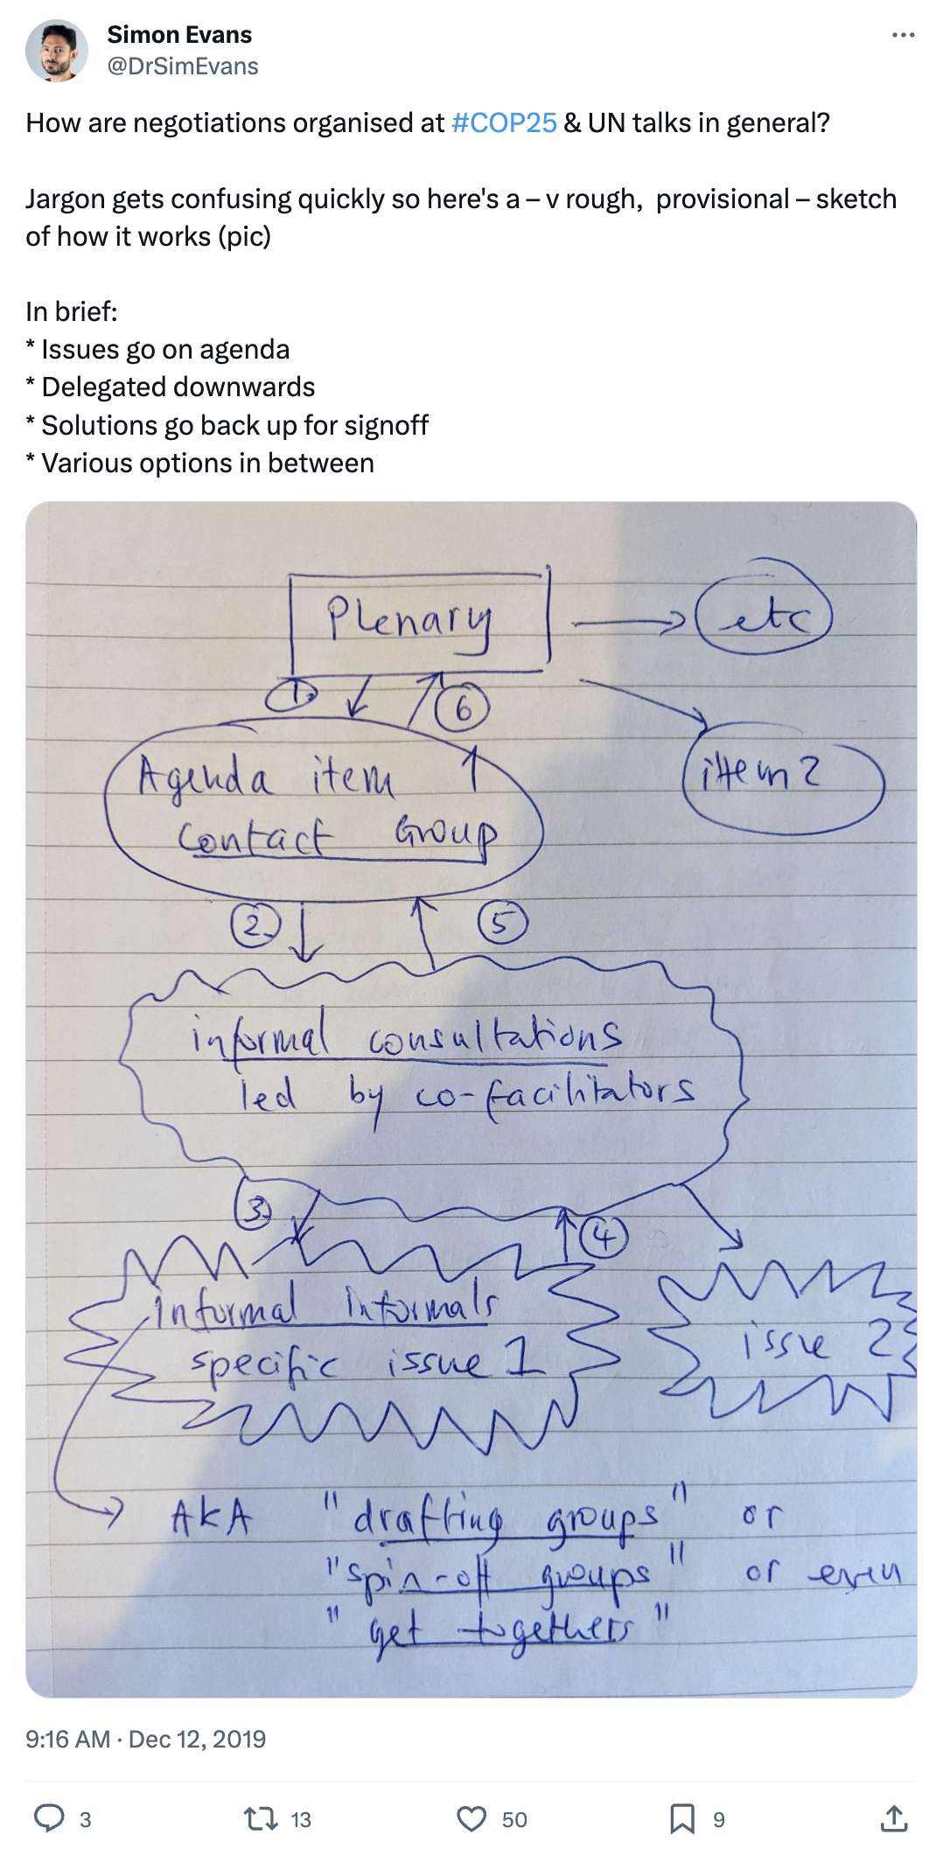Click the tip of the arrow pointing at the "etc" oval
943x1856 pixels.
pyautogui.click(x=685, y=623)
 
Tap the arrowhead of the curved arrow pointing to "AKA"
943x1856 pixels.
pyautogui.click(x=121, y=1508)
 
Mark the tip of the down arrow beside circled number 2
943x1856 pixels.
pyautogui.click(x=304, y=959)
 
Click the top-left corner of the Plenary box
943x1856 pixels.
pyautogui.click(x=290, y=576)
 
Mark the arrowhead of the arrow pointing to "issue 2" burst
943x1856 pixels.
pyautogui.click(x=741, y=1245)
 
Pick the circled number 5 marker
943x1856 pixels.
pyautogui.click(x=502, y=924)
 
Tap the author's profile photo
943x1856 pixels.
pyautogui.click(x=57, y=51)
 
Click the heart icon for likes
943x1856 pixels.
pyautogui.click(x=471, y=1819)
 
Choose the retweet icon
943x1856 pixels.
pyautogui.click(x=261, y=1819)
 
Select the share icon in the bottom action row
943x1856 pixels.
pyautogui.click(x=893, y=1818)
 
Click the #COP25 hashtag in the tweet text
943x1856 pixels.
pyautogui.click(x=504, y=122)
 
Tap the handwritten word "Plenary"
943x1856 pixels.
pyautogui.click(x=409, y=620)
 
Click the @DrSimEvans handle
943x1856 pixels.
pyautogui.click(x=183, y=66)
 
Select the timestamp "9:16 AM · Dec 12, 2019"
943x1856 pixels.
pyautogui.click(x=145, y=1738)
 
